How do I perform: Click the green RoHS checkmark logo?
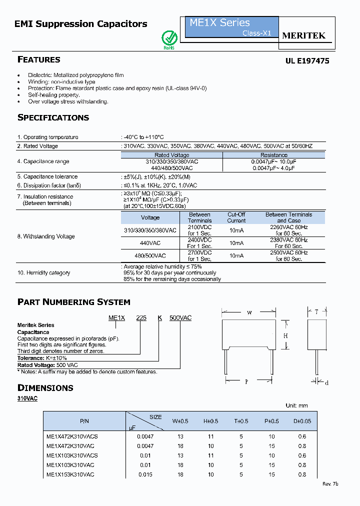coord(169,39)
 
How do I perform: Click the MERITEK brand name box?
coord(304,35)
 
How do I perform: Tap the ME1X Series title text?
coord(219,22)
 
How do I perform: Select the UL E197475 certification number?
coord(307,60)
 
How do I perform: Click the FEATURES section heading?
coord(39,59)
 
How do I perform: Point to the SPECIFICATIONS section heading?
coord(53,117)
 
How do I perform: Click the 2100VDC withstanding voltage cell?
coord(199,230)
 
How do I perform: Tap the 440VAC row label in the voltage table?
coord(150,243)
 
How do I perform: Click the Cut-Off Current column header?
coord(236,217)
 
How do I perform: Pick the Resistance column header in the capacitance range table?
coord(273,155)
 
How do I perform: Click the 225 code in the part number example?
coord(141,318)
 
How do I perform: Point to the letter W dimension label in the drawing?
coord(249,313)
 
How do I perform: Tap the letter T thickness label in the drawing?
coord(316,312)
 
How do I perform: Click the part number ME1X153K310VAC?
coord(70,474)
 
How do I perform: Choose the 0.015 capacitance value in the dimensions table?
coord(141,474)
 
